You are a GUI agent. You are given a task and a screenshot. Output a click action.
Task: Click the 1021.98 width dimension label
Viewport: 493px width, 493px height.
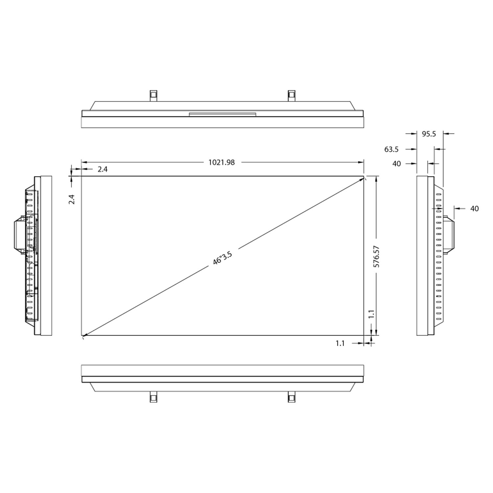[x=222, y=162]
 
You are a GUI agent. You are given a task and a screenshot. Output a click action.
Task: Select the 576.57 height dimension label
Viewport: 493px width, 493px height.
[x=377, y=256]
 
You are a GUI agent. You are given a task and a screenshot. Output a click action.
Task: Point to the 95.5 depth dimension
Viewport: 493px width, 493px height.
[x=429, y=134]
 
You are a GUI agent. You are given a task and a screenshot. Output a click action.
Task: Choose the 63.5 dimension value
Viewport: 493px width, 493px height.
[x=391, y=149]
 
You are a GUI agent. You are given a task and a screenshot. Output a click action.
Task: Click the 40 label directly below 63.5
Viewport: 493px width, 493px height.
[x=397, y=163]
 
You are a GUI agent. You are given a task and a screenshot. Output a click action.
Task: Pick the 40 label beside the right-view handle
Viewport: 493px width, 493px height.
[x=474, y=208]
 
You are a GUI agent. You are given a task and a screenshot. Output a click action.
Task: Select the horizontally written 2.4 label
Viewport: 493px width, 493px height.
[x=103, y=169]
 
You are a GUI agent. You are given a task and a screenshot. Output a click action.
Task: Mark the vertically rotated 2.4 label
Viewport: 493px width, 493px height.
[x=72, y=200]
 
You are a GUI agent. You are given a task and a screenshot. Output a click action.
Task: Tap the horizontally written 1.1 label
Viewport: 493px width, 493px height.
[x=340, y=343]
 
